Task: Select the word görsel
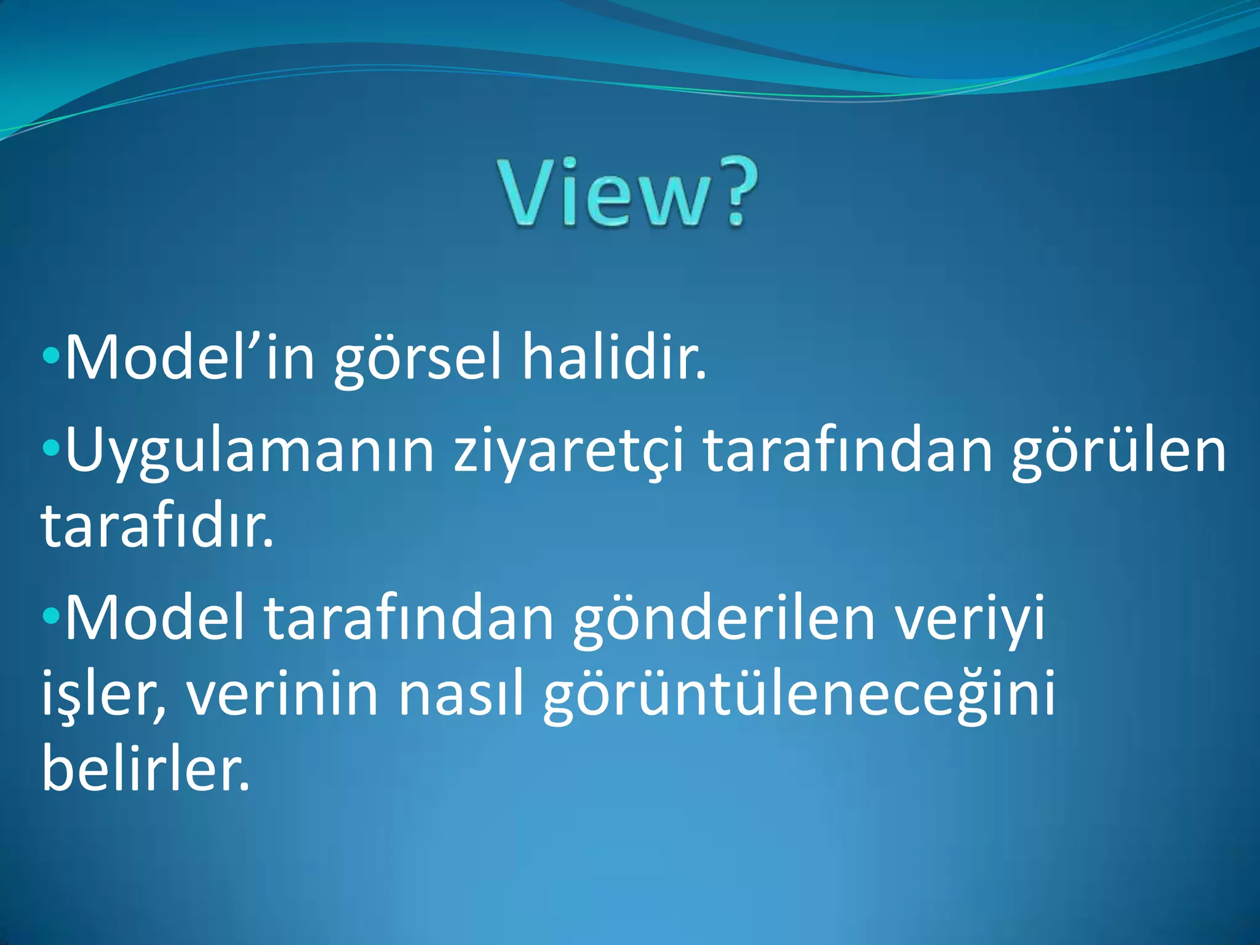pos(418,360)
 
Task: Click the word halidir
pos(614,357)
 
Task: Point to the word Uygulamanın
pos(249,452)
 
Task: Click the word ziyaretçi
pos(568,452)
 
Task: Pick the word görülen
pos(1118,452)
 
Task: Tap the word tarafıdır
pos(156,527)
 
